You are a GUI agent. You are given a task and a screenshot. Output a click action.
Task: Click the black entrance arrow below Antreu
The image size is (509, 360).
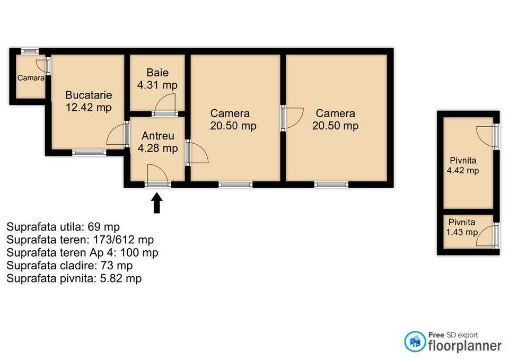tap(157, 203)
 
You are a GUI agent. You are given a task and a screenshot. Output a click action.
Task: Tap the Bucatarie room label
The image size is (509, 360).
tap(89, 95)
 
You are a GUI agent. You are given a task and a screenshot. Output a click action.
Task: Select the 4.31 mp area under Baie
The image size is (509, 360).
tap(157, 85)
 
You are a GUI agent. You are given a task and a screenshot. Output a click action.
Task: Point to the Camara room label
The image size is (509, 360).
tap(31, 78)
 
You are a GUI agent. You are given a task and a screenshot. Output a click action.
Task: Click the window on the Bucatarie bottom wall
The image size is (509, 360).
tap(89, 153)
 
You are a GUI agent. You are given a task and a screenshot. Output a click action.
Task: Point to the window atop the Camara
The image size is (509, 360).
tap(30, 51)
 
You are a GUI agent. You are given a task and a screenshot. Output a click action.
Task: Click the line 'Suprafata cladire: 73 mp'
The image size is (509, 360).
tap(69, 265)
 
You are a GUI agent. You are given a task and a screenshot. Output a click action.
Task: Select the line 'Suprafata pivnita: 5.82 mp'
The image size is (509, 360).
tap(74, 278)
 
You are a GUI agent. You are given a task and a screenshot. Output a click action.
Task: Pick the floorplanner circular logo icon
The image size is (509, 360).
tap(415, 341)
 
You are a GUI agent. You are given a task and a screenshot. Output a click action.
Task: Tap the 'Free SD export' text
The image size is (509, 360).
tap(453, 335)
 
